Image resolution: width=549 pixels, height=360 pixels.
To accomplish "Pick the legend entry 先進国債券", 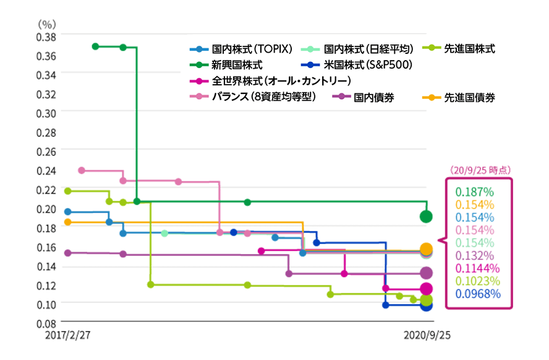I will [x=469, y=97].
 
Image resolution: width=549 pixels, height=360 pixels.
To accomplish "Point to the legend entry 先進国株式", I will [x=469, y=48].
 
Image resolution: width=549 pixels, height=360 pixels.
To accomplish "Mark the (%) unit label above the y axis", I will [x=47, y=24].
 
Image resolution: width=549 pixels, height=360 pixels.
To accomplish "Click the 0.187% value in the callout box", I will [x=474, y=191].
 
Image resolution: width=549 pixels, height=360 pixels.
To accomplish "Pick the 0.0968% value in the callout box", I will [x=477, y=293].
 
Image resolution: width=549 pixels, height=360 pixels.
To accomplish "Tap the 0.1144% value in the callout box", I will [x=477, y=268].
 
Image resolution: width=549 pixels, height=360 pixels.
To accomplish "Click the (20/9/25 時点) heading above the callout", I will [x=479, y=169].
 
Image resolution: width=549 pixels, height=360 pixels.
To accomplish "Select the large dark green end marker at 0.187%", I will [x=426, y=216].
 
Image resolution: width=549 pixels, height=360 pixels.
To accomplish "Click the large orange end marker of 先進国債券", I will [x=426, y=249].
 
